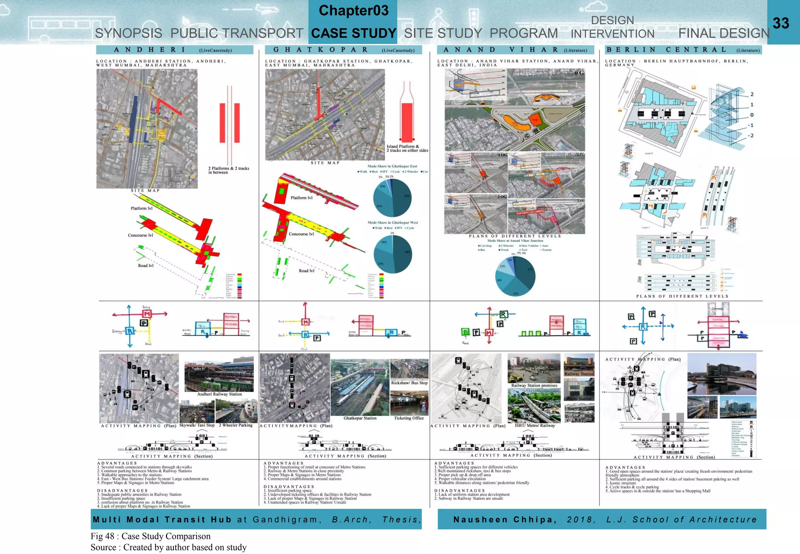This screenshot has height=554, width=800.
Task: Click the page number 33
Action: point(781,23)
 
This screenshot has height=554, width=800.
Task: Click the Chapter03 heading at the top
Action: point(354,11)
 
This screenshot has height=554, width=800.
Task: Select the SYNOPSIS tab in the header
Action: point(129,34)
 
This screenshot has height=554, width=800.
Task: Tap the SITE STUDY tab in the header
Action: point(443,34)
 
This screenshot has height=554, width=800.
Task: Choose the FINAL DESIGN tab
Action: point(723,34)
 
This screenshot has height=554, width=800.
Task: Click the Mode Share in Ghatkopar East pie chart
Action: point(392,198)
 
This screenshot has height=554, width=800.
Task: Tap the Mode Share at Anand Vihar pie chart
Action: point(515,276)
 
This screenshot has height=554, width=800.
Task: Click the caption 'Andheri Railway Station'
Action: point(219,394)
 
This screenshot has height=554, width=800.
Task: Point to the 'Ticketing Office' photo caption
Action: point(409,418)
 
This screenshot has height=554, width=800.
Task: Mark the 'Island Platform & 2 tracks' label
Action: point(407,148)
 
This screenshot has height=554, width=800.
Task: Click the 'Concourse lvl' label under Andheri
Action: point(140,235)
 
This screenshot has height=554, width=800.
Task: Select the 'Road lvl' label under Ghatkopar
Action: point(306,271)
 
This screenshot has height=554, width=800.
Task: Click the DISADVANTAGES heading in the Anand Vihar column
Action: point(459,490)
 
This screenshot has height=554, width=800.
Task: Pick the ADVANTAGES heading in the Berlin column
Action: point(625,467)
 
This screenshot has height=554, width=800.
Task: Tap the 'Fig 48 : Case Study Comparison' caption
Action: point(150,536)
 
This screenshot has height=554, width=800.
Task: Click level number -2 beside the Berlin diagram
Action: point(750,136)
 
